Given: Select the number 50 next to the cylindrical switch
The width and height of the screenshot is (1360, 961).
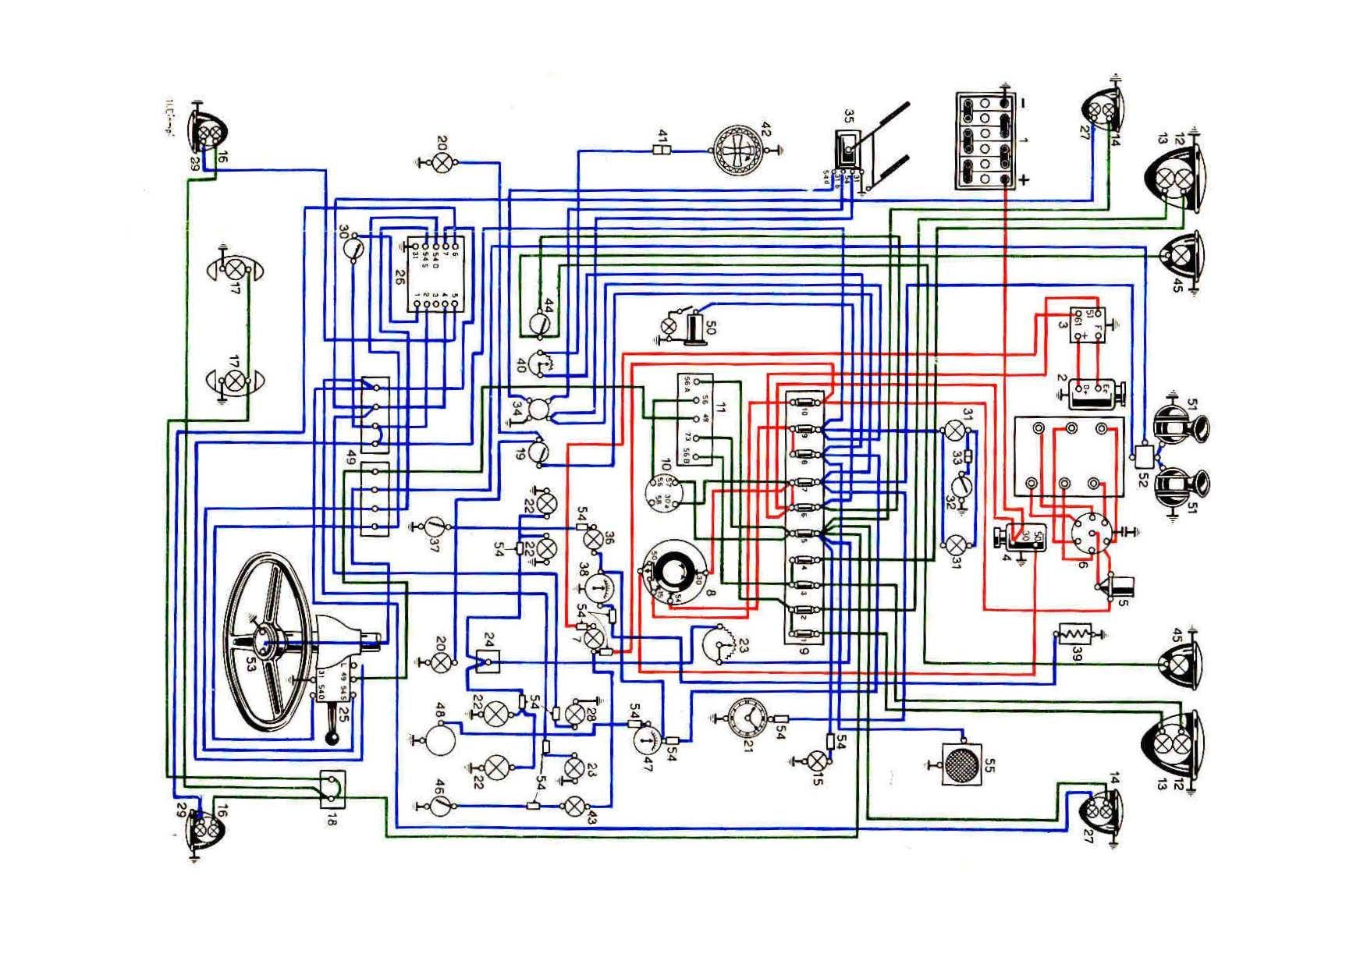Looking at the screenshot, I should pyautogui.click(x=709, y=327).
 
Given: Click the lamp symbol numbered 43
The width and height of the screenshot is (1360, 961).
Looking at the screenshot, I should pyautogui.click(x=576, y=807).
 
